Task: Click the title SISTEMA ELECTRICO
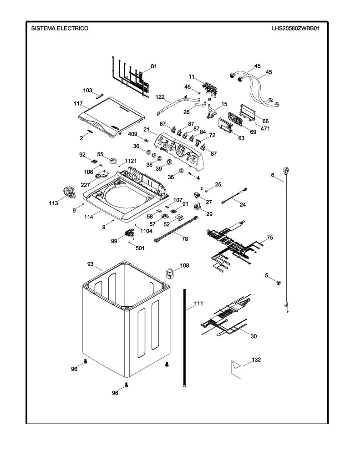point(60,28)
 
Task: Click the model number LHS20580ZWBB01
point(295,29)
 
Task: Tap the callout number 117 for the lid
point(78,104)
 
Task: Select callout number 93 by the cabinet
point(91,264)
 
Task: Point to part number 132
point(256,360)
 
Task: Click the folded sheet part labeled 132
point(237,370)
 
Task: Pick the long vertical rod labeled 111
point(185,338)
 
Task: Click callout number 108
point(185,265)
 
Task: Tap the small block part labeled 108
point(169,274)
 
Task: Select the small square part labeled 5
point(279,283)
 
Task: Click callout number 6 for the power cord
point(273,175)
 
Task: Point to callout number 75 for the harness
point(269,238)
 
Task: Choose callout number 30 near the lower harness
point(254,336)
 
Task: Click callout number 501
point(140,248)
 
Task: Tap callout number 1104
point(146,231)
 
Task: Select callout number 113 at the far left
point(54,203)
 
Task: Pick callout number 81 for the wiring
point(154,66)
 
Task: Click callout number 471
point(265,129)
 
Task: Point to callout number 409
point(132,134)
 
